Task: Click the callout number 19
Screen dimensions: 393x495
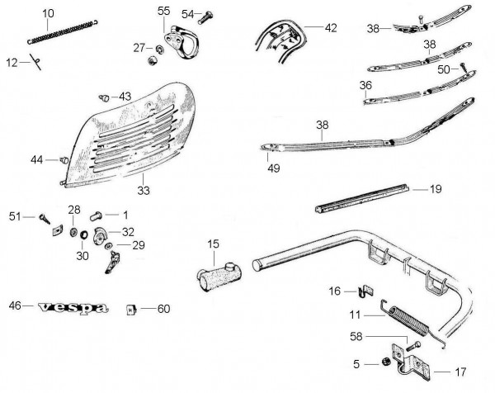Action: [435, 189]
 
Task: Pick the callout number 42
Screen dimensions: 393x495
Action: [331, 28]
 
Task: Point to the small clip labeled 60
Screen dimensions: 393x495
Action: [131, 310]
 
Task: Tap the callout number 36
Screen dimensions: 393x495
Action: [365, 84]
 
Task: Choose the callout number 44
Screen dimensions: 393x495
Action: [36, 159]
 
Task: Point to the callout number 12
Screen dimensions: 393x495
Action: [11, 64]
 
